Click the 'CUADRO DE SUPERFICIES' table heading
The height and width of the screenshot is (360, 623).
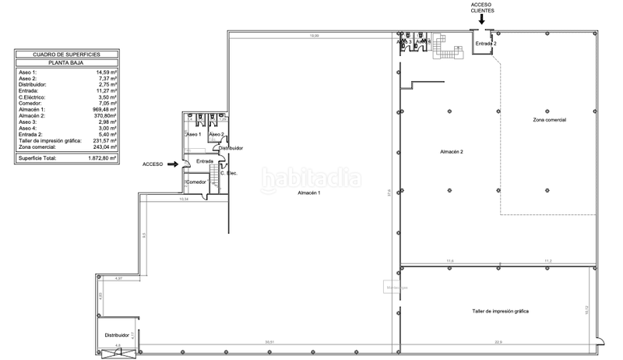(67, 55)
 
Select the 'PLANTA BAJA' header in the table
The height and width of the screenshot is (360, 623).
(67, 62)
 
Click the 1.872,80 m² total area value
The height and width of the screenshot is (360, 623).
(101, 157)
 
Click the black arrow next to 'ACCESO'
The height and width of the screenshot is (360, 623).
(172, 164)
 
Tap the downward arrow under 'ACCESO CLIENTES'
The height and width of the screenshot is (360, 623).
(481, 20)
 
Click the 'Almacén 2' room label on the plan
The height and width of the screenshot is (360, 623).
(451, 151)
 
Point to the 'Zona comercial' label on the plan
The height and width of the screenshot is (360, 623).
(549, 120)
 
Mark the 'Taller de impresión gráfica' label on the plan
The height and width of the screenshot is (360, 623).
(500, 311)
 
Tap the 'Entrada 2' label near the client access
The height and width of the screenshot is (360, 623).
(486, 44)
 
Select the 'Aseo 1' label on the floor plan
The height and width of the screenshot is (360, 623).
(193, 135)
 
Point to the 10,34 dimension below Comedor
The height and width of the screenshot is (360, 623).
(184, 199)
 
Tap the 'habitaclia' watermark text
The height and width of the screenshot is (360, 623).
(311, 178)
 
